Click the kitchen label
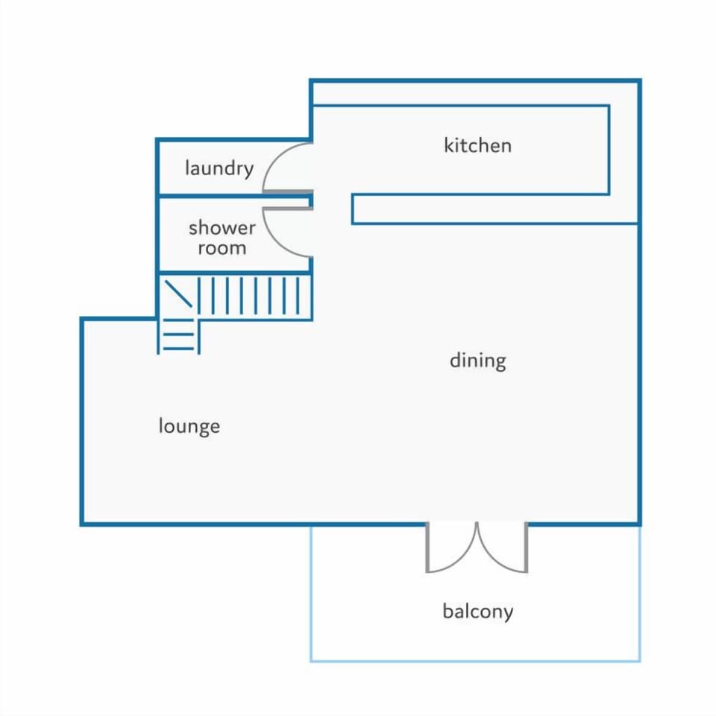[x=477, y=146]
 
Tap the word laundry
[x=219, y=168]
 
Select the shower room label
[x=222, y=238]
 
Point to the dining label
[x=478, y=361]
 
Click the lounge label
[x=189, y=426]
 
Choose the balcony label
[x=478, y=611]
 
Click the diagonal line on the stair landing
[x=178, y=294]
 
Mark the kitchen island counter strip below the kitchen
[x=494, y=209]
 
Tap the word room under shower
[x=222, y=249]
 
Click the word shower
[x=222, y=227]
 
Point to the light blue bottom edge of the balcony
[x=476, y=660]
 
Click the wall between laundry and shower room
[x=234, y=197]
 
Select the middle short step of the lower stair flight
[x=179, y=335]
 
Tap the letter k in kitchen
[x=448, y=146]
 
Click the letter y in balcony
[x=509, y=614]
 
